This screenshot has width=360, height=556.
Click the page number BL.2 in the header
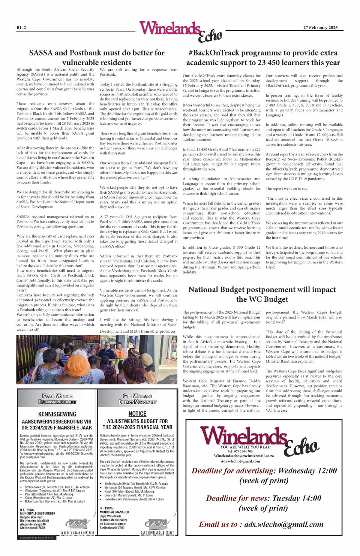pyautogui.click(x=21, y=28)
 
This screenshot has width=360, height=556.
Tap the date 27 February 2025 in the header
pyautogui.click(x=320, y=27)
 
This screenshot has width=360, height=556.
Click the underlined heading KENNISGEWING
pyautogui.click(x=57, y=414)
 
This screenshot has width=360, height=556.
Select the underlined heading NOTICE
pyautogui.click(x=137, y=414)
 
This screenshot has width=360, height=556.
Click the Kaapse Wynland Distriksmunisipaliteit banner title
pyautogui.click(x=57, y=399)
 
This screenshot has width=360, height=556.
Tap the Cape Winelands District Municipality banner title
pyautogui.click(x=137, y=399)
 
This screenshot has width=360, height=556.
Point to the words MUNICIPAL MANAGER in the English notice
pyautogui.click(x=114, y=512)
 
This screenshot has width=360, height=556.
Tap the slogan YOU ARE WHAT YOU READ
pyautogui.click(x=245, y=447)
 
